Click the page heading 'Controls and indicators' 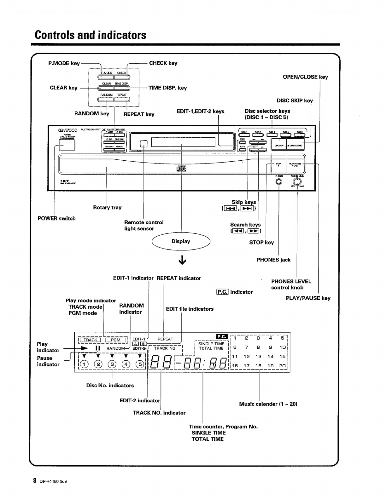91,35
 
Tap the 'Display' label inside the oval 181,241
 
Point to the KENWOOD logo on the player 67,130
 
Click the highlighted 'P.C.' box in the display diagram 221,337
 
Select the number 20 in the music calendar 282,366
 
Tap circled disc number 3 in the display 112,364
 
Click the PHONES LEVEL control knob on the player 297,182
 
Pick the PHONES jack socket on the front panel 279,182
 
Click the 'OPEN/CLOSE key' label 305,77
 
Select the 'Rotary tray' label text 107,208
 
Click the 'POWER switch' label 56,219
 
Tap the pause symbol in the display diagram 98,348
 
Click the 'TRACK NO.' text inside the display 165,348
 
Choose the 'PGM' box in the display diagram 116,340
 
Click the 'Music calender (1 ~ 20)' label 268,404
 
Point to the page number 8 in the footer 34,481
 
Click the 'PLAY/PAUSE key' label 308,298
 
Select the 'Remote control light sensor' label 144,226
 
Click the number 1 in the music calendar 235,338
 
